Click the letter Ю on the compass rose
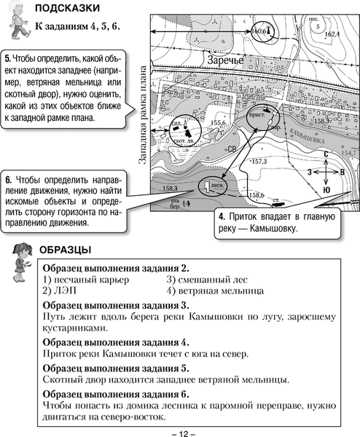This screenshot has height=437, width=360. click(x=326, y=189)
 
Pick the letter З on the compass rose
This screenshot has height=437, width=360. click(x=310, y=171)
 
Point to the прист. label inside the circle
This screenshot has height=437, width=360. click(x=257, y=114)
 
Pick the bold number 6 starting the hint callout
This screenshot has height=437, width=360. click(x=8, y=178)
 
